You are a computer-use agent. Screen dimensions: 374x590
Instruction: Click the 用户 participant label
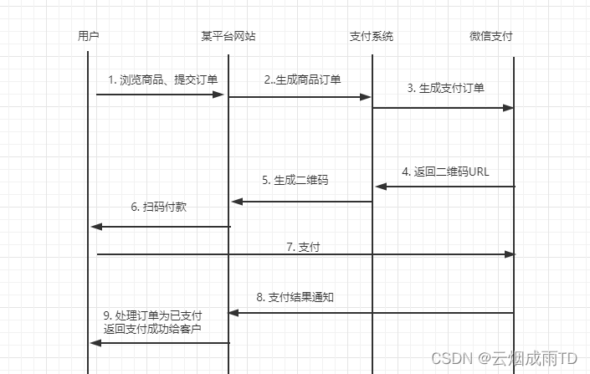(88, 37)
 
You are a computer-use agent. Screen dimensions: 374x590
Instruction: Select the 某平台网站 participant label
(228, 37)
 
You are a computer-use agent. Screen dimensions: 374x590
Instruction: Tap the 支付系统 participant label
(372, 37)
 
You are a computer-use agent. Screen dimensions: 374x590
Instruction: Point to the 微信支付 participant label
(491, 37)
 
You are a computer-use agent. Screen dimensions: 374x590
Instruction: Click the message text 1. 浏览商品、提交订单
(163, 80)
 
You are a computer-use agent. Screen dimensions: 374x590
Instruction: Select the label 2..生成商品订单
(302, 80)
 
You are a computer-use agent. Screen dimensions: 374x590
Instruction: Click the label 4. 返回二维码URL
(446, 172)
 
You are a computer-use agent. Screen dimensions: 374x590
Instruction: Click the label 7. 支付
(303, 247)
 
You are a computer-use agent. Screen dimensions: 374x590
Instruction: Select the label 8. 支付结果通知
(296, 297)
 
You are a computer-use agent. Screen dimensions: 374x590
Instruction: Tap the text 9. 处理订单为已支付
(152, 315)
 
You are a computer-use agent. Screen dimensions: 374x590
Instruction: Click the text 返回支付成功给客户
(152, 329)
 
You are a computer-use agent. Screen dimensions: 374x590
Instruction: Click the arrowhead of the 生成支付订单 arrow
(509, 108)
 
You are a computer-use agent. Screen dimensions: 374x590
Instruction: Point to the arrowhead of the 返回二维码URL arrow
(379, 187)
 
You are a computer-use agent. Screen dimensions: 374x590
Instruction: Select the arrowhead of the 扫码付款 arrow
(95, 227)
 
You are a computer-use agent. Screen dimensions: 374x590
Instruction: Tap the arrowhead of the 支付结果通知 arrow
(235, 313)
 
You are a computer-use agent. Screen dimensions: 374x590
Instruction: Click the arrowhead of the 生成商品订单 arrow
(366, 97)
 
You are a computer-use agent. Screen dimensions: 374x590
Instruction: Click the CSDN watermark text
(504, 358)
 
